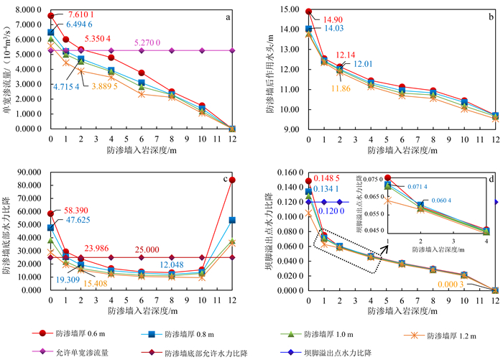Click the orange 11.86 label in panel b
click(341, 88)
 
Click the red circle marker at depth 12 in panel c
click(232, 180)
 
